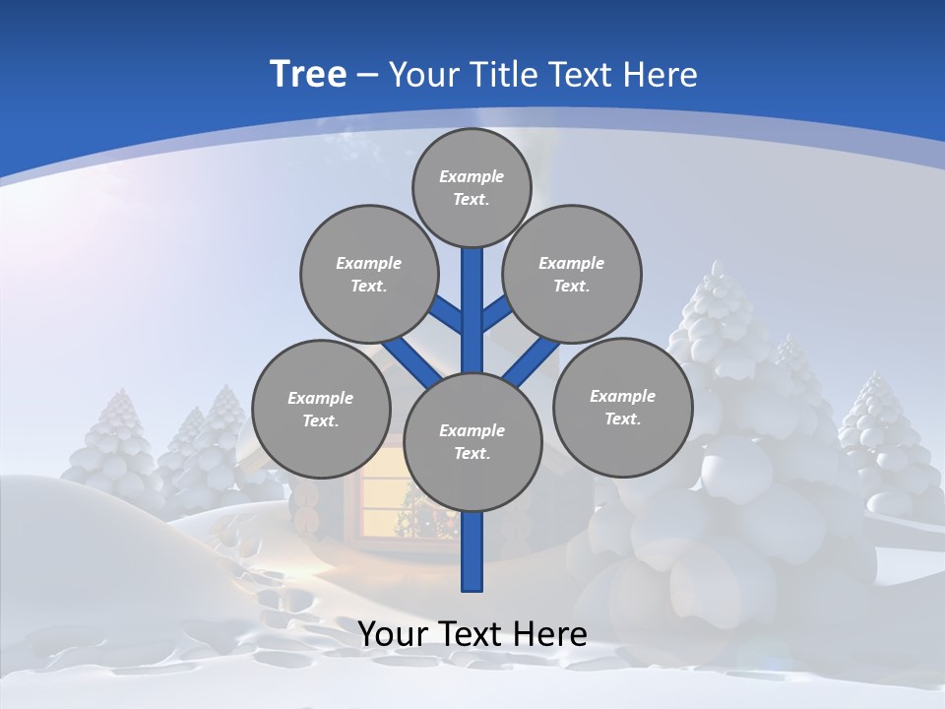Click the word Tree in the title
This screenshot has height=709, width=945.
[x=308, y=75]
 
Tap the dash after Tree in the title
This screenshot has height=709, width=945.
[x=367, y=76]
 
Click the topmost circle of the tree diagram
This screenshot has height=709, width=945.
[x=472, y=187]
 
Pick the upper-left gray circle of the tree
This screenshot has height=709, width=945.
[x=369, y=274]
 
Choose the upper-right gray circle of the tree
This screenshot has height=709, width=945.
[x=572, y=274]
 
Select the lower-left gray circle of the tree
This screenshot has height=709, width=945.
[x=321, y=409]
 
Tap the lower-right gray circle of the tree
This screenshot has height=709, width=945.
[x=623, y=407]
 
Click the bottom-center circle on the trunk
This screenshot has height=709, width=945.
[x=472, y=441]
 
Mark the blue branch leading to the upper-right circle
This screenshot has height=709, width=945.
[x=495, y=314]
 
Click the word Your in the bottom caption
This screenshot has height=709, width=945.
[x=393, y=634]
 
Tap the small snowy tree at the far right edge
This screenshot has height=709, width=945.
[x=886, y=433]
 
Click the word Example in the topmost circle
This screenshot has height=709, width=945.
[x=472, y=176]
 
